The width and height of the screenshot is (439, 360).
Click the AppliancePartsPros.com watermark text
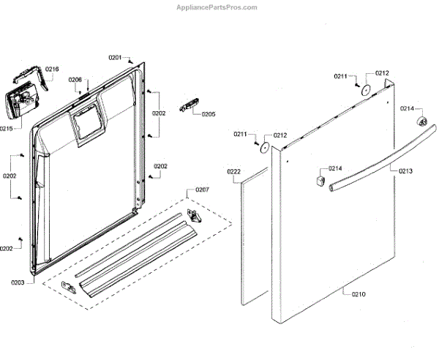pos(217,7)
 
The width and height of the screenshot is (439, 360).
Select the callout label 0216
pos(52,70)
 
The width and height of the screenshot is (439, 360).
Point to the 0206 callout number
pos(75,80)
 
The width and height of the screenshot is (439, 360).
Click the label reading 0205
pos(209,114)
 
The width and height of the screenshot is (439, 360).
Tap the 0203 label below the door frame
pos(18,282)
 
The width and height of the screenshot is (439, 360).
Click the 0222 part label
pos(233,172)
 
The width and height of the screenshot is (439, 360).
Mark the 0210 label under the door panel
pos(359,294)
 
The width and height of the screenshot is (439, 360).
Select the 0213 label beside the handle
pos(405,170)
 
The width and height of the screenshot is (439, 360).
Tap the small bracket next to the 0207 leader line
pos(194,214)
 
